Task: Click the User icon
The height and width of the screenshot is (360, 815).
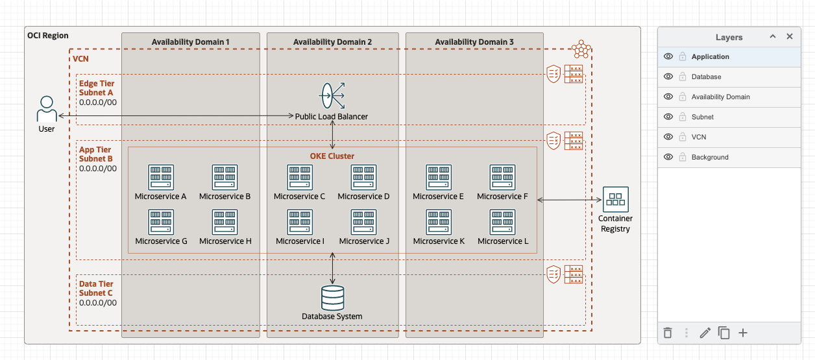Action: point(46,109)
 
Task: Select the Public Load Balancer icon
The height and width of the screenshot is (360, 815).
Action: point(332,96)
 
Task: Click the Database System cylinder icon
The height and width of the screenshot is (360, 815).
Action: point(332,298)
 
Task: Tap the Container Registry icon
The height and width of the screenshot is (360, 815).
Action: point(614,199)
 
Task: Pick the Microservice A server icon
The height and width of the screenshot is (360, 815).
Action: point(161,177)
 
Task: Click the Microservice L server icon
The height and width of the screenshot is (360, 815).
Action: point(503,222)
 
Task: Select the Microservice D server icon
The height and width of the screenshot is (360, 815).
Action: point(363,177)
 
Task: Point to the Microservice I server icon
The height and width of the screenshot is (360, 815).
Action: point(300,222)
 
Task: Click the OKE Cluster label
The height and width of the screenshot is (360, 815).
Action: point(332,156)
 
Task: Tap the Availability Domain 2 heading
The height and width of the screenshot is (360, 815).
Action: point(332,42)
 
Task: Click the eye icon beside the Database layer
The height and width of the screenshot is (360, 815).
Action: point(668,77)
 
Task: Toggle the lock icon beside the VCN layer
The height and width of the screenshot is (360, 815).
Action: point(683,137)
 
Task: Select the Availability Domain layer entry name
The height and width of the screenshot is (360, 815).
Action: point(720,97)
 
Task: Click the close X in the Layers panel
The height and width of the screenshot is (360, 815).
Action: point(790,37)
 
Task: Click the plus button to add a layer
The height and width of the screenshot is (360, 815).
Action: point(743,333)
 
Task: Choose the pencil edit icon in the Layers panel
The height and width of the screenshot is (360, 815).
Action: point(705,333)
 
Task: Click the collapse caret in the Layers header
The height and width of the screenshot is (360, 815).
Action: point(773,37)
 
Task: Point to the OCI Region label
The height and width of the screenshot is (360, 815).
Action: point(47,36)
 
